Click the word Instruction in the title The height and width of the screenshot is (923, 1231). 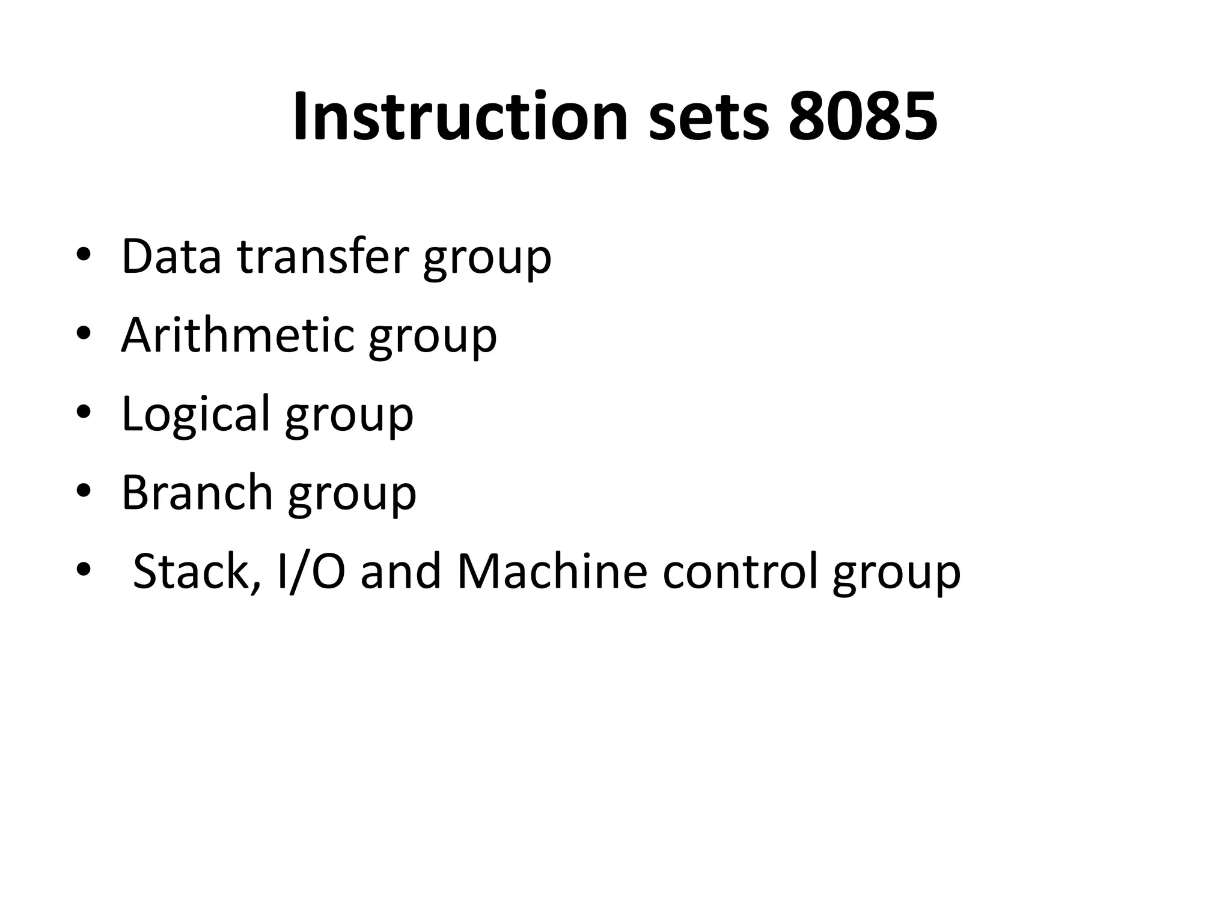tap(460, 117)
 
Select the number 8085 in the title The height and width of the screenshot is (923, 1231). tap(863, 117)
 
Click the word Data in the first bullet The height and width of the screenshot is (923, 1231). tap(171, 257)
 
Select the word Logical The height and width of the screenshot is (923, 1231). tap(196, 414)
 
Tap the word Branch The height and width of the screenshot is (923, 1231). tap(198, 492)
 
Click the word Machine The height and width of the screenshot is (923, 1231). tap(552, 571)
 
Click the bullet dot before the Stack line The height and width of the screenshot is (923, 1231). tap(83, 569)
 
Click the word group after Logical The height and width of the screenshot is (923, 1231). tap(349, 418)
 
